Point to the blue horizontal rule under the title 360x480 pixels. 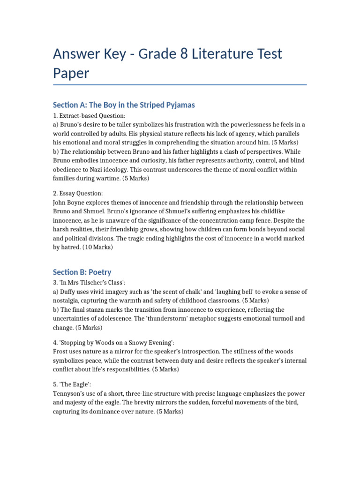point(180,85)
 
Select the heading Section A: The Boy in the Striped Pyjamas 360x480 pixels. point(124,105)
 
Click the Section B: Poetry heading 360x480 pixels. point(82,272)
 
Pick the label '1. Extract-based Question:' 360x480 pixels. point(89,115)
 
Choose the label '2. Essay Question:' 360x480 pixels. point(78,193)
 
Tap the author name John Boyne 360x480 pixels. point(70,202)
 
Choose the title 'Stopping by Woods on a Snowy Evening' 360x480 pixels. point(113,342)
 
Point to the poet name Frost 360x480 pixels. point(62,351)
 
